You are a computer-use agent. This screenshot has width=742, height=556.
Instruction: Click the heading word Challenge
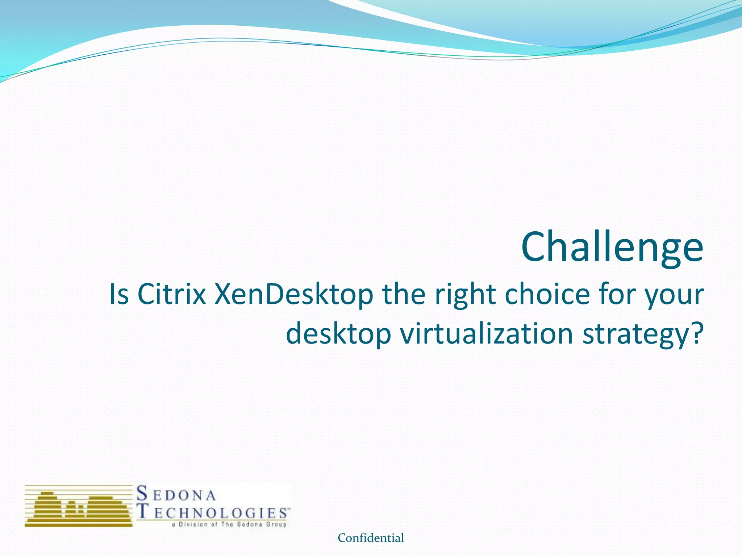[612, 248]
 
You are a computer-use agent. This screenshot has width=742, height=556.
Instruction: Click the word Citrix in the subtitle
[172, 294]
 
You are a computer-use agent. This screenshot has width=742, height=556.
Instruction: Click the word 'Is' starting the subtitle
[119, 294]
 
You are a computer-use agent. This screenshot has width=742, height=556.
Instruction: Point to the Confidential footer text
[371, 538]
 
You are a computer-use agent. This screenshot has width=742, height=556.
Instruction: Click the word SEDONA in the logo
[176, 494]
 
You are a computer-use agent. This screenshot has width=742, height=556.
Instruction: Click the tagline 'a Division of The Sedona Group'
[229, 525]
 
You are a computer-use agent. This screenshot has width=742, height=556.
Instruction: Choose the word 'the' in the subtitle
[404, 294]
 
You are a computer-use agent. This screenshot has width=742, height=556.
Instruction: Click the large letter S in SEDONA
[142, 493]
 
